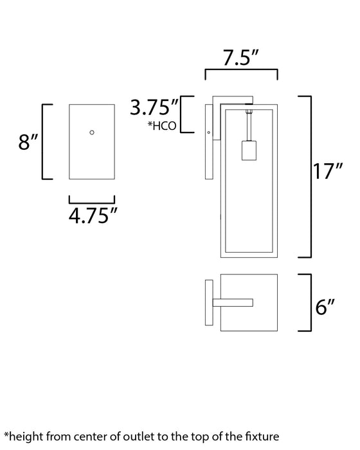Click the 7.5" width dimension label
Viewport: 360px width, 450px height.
[x=241, y=59]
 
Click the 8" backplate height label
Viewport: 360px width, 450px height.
[x=26, y=141]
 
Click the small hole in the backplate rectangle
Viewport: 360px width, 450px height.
[x=92, y=132]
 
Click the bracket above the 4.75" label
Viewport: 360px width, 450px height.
[x=91, y=199]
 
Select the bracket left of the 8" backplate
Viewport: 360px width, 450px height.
[x=44, y=141]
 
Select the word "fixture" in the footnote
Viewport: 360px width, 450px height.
[x=261, y=437]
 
